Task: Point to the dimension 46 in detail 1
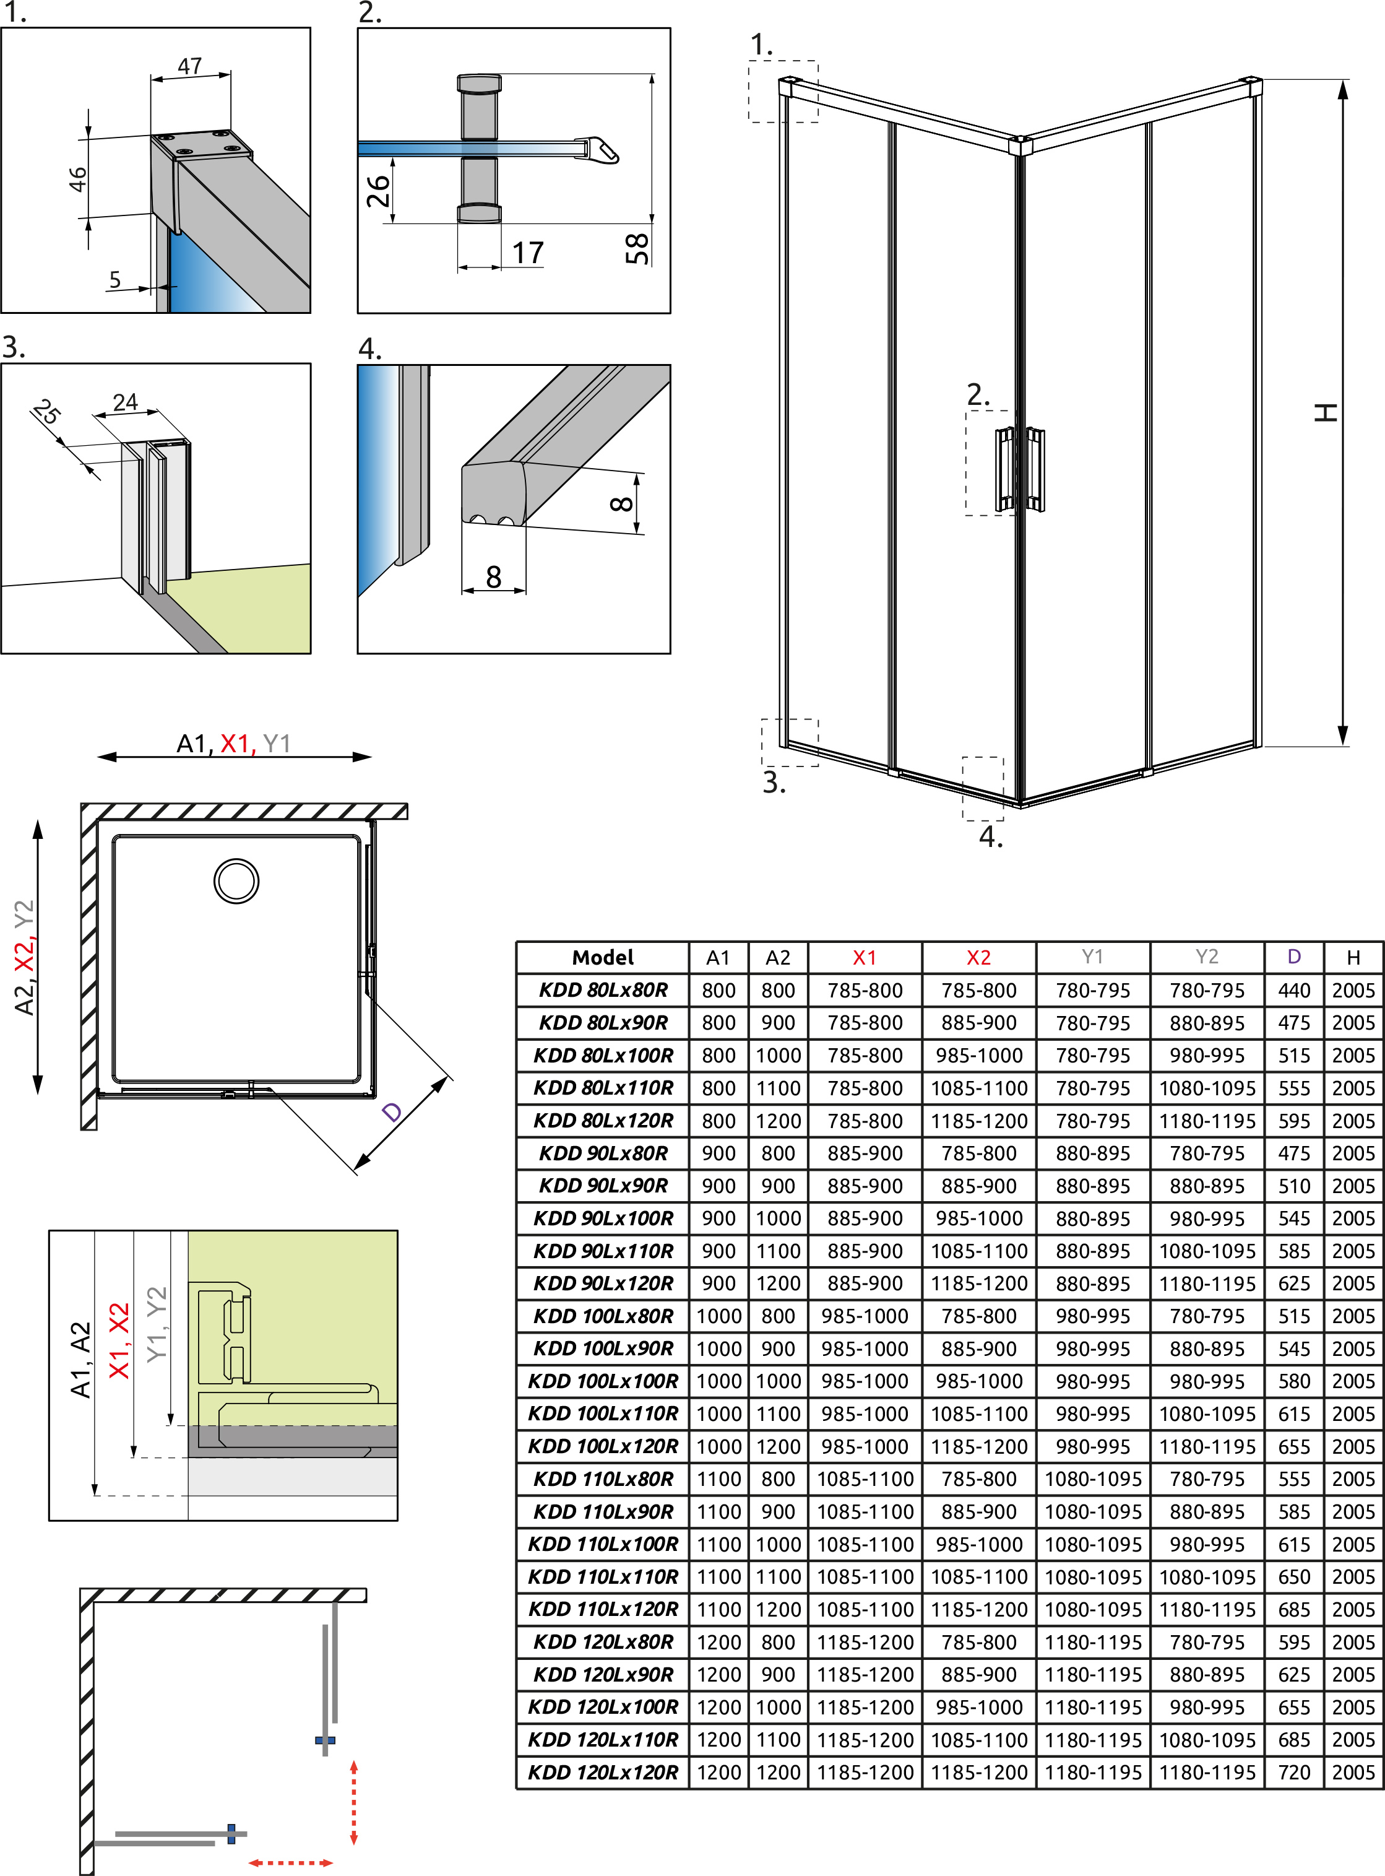77,179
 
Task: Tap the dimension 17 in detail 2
528,253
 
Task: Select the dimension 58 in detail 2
637,248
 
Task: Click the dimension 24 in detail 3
126,402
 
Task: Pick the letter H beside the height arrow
1326,412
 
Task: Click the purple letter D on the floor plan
392,1112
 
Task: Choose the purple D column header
1293,957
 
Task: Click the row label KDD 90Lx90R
603,1186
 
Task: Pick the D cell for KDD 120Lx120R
1293,1772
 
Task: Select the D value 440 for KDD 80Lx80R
1293,991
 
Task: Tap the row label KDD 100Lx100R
603,1381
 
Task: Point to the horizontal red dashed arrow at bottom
291,1862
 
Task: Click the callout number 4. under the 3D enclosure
991,836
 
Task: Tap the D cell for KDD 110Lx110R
1293,1576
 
